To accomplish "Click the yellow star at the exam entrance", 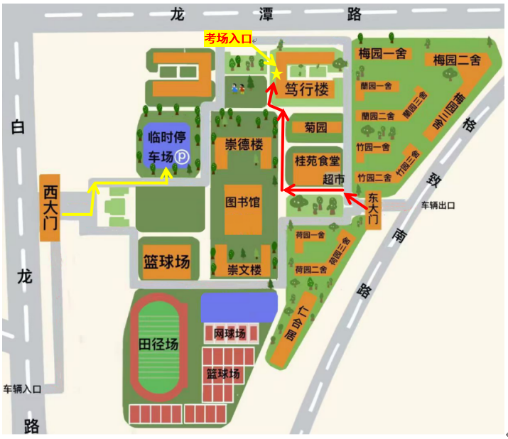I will tap(277, 72).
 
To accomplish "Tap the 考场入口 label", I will tap(228, 38).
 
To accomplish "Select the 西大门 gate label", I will tap(50, 207).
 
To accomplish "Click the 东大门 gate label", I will tap(374, 210).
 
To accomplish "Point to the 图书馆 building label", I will tap(242, 202).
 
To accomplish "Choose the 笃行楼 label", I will tap(307, 90).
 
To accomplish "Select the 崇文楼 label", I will tap(244, 269).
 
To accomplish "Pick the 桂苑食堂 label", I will tap(318, 161).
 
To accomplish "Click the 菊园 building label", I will tap(315, 129).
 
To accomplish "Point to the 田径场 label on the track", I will tap(158, 345).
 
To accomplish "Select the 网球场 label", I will tap(229, 334).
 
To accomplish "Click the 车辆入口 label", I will tap(22, 389).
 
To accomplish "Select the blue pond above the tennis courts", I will tap(238, 307).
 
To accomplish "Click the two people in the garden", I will tap(238, 88).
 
